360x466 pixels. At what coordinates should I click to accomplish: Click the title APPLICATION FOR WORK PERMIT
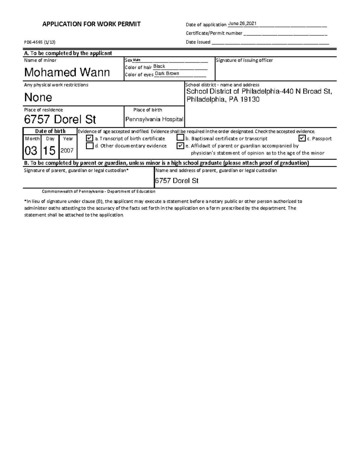91,24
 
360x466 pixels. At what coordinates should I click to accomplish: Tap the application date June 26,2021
242,24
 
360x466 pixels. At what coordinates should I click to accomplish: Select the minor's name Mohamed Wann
67,72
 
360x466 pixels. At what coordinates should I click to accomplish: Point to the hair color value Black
159,66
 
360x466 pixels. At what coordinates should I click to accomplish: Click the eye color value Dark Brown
167,74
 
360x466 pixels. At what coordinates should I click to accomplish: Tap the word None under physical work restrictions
38,97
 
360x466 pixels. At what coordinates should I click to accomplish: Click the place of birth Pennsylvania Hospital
154,119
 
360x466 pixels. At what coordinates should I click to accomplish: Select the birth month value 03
31,150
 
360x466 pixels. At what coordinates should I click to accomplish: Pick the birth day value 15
49,150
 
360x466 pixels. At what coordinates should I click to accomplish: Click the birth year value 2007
67,151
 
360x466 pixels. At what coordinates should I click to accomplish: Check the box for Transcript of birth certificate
89,138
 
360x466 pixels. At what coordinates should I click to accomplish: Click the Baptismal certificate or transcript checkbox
180,138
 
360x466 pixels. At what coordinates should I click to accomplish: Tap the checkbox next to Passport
302,138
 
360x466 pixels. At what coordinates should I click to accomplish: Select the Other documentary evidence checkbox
89,146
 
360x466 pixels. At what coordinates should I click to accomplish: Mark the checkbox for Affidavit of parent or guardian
180,146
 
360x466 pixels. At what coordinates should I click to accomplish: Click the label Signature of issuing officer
244,60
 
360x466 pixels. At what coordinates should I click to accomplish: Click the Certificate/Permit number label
214,33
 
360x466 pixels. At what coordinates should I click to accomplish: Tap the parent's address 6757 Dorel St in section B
177,181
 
